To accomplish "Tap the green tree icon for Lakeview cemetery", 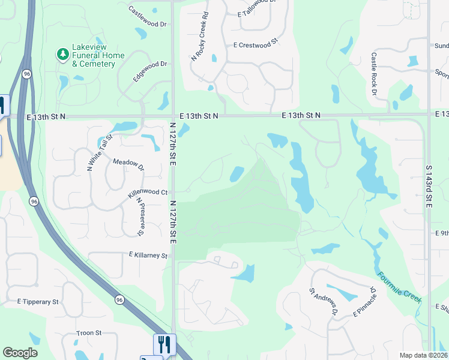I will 62,55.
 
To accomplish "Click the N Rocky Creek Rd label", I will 200,37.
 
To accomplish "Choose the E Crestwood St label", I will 257,44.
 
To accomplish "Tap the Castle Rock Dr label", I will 373,74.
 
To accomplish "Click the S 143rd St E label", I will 429,187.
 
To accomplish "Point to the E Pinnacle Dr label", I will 364,301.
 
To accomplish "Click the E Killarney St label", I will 148,255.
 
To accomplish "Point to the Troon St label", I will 89,332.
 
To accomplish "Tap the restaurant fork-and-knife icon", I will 164,344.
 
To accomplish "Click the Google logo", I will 20,353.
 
